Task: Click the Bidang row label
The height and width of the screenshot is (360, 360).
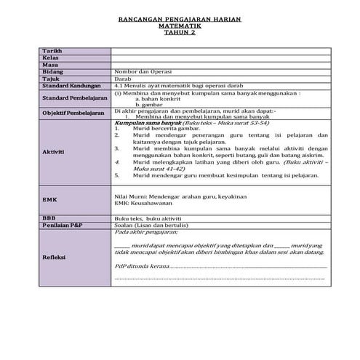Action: [53, 71]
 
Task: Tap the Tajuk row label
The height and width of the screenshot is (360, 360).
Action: [50, 78]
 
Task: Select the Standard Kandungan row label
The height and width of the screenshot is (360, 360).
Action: [70, 84]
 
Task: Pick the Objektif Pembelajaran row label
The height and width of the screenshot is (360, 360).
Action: [74, 114]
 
